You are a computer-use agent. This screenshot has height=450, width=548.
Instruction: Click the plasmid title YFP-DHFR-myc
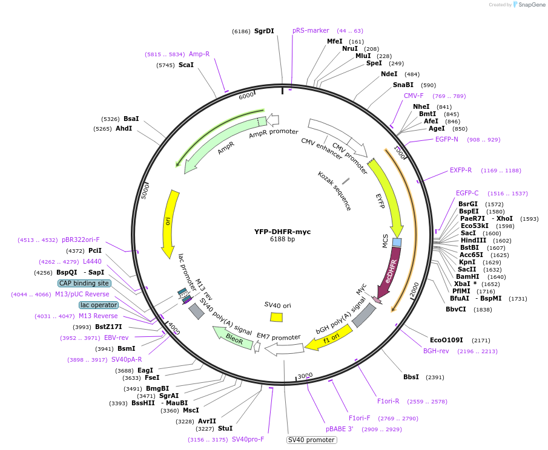pos(282,232)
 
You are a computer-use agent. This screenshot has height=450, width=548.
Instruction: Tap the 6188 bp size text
pos(282,240)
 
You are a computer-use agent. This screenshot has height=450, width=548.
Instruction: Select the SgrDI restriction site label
pos(264,31)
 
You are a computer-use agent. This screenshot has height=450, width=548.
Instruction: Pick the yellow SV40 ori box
pos(276,317)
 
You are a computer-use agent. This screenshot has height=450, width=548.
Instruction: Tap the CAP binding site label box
pos(84,283)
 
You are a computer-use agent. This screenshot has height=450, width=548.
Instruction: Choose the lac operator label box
pos(99,305)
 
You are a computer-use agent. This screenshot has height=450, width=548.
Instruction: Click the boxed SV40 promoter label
pos(311,440)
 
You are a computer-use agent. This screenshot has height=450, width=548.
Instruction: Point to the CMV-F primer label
pos(414,96)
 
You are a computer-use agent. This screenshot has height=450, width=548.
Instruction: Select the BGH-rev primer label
pos(436,351)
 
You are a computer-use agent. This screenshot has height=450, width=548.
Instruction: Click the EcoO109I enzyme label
pos(446,340)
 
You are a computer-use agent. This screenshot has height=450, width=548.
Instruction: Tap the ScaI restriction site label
pos(186,65)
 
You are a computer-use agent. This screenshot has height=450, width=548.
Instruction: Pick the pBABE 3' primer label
pos(339,429)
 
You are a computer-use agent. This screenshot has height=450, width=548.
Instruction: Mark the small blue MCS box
pos(397,243)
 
